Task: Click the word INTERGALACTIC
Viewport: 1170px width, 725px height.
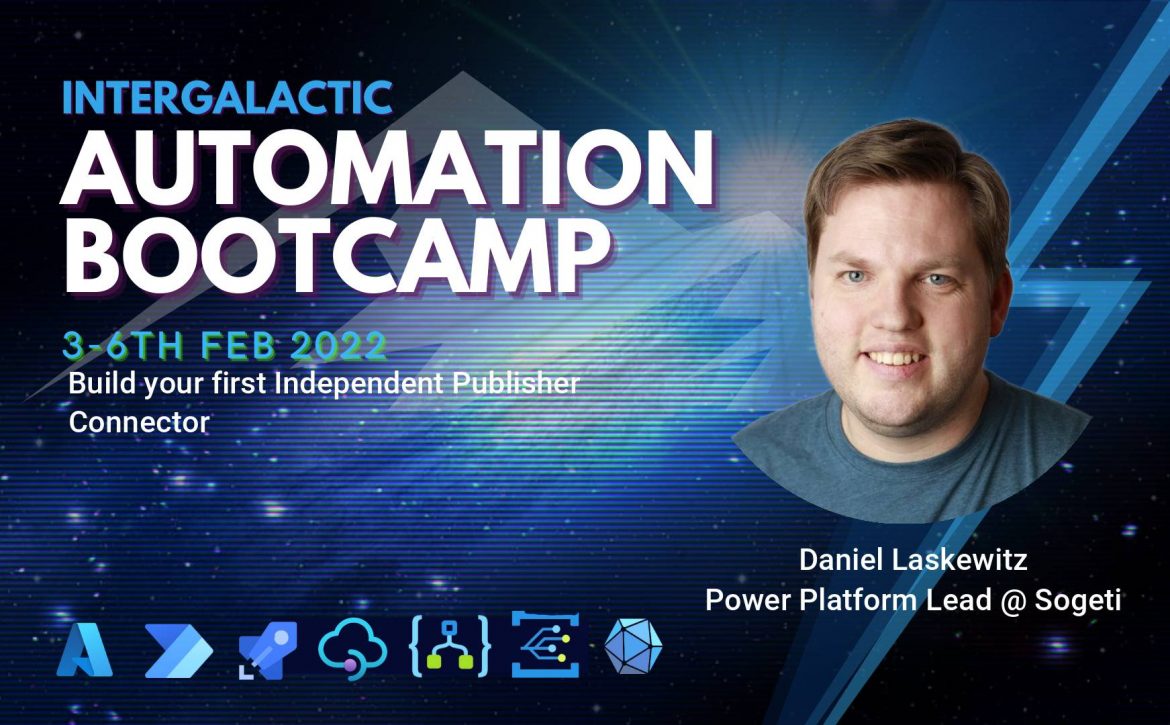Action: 228,97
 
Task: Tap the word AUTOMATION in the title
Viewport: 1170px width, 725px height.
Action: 387,169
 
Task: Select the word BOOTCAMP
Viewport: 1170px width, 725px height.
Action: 336,254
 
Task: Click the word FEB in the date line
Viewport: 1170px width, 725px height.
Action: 238,345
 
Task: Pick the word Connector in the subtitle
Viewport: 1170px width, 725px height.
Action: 139,422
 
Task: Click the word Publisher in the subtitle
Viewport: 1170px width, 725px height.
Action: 516,383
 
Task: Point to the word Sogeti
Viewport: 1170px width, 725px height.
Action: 1077,600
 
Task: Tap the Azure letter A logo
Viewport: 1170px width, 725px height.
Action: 84,649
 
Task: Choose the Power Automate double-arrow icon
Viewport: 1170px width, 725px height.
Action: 178,651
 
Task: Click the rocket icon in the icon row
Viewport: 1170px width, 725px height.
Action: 267,650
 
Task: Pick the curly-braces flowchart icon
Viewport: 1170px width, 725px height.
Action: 449,647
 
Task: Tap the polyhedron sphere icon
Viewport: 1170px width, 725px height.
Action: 633,646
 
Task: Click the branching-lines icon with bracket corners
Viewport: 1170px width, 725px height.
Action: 545,644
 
